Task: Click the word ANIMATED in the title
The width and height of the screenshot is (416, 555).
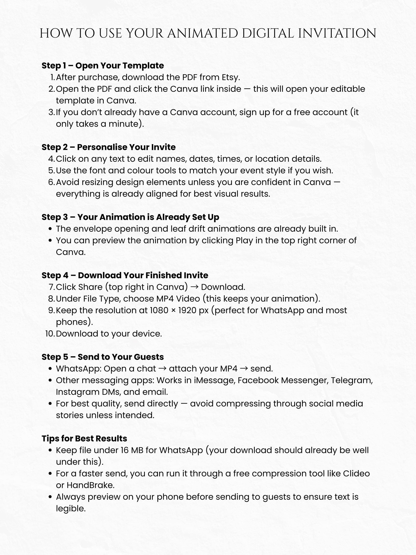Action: pyautogui.click(x=202, y=33)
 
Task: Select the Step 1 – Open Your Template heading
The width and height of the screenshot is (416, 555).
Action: pyautogui.click(x=103, y=65)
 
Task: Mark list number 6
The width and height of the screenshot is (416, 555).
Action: pyautogui.click(x=51, y=182)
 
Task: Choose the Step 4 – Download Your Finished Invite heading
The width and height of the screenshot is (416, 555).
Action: pyautogui.click(x=125, y=275)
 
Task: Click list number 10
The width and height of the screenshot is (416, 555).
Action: pyautogui.click(x=50, y=334)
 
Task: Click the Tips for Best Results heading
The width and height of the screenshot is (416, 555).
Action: pyautogui.click(x=84, y=439)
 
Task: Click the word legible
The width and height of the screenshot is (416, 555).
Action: pyautogui.click(x=71, y=509)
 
